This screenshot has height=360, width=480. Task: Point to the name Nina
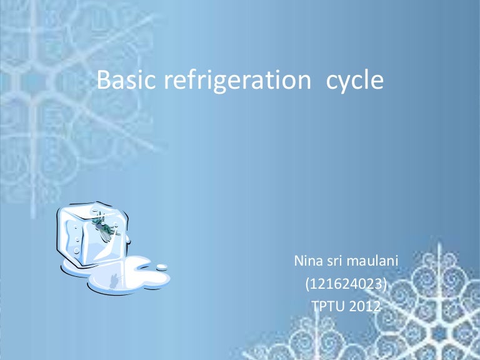(x=307, y=261)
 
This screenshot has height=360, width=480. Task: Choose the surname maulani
(x=374, y=261)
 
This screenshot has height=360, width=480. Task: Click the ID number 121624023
(x=346, y=284)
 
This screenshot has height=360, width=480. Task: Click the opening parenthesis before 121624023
(x=307, y=285)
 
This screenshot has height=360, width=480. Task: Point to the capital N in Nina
(x=298, y=261)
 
